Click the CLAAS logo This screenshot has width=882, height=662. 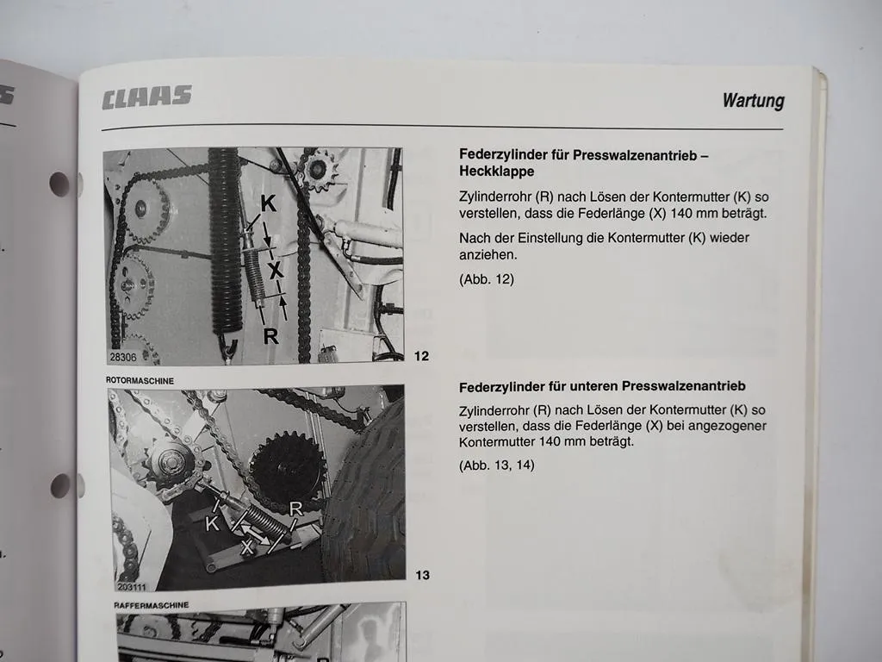click(146, 97)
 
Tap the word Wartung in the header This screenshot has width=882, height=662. click(753, 100)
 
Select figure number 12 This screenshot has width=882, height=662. click(421, 356)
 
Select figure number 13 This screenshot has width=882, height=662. click(422, 575)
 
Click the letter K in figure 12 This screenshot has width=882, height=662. click(269, 203)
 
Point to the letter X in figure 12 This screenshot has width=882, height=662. click(275, 271)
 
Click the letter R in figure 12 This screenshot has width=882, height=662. click(270, 336)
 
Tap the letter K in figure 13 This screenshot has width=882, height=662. click(212, 523)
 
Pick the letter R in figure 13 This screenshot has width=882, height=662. click(296, 509)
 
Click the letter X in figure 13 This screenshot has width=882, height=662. click(246, 546)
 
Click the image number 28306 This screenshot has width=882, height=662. click(122, 357)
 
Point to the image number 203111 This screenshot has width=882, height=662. click(132, 587)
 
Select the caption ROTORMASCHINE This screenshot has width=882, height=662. click(140, 380)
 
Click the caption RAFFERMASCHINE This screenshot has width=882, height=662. click(152, 605)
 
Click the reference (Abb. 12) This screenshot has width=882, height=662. click(487, 279)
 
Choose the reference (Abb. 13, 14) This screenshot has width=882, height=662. click(497, 465)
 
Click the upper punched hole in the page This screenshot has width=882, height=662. click(59, 184)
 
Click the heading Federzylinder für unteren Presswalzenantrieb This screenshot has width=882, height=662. click(602, 387)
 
